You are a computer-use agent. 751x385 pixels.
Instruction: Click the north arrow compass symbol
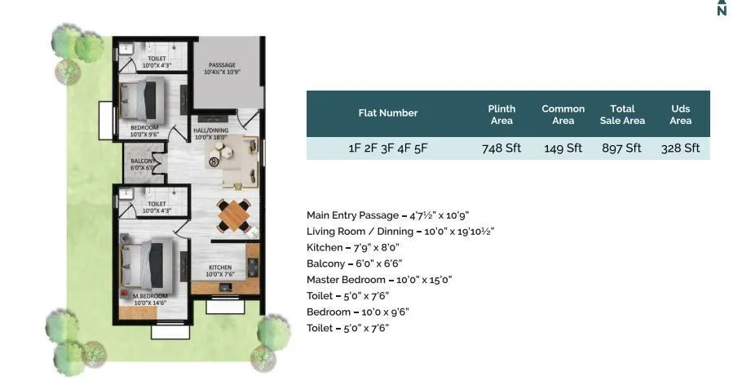[721, 8]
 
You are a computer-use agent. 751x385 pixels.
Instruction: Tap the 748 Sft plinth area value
[501, 148]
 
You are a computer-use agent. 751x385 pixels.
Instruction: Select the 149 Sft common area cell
[563, 148]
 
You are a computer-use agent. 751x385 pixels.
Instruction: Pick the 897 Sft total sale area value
[623, 148]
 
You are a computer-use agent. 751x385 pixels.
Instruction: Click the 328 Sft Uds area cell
[681, 148]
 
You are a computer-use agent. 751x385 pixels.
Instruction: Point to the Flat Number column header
[388, 113]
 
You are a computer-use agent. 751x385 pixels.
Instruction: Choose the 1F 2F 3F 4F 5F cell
[388, 148]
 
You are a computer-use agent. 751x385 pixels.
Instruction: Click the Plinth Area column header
[501, 114]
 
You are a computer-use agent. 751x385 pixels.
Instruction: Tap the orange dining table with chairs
[232, 215]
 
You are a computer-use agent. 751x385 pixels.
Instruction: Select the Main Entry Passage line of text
[387, 215]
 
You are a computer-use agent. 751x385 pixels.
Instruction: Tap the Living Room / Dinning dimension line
[400, 232]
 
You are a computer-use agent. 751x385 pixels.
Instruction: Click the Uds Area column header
[681, 114]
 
